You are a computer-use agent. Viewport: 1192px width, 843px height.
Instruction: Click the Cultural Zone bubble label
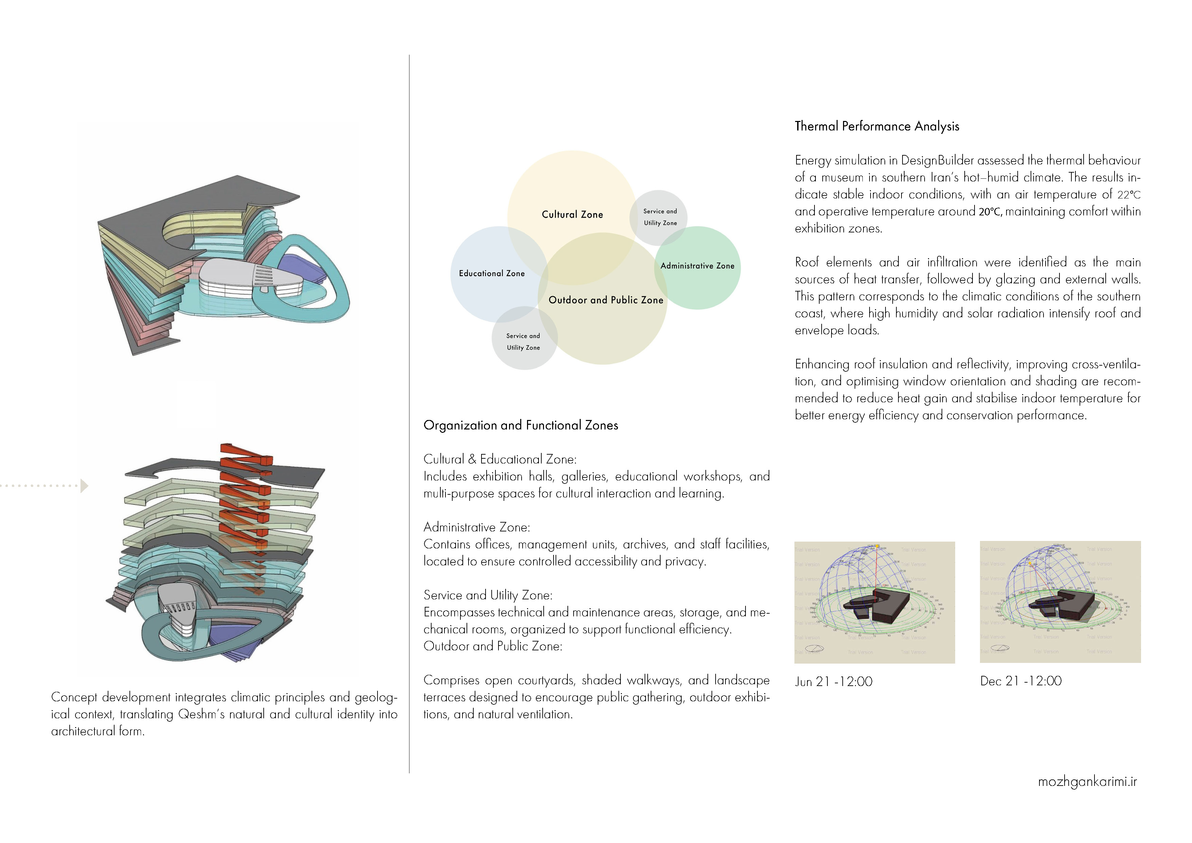click(572, 214)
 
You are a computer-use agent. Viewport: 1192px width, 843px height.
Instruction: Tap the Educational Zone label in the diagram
click(492, 274)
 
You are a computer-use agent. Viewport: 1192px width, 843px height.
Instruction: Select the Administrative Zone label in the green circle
click(697, 266)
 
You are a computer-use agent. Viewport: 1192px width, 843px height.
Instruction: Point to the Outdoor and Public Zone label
click(606, 300)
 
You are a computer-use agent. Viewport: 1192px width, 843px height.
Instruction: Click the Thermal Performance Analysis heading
click(877, 126)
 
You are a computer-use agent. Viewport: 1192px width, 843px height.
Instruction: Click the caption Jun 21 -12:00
click(833, 682)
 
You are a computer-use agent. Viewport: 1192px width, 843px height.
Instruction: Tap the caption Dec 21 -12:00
click(1021, 681)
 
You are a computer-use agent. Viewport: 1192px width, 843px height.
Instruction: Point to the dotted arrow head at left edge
click(84, 486)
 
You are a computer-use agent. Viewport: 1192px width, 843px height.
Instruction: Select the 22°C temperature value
click(1129, 195)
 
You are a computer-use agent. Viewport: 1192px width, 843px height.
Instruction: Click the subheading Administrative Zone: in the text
click(477, 527)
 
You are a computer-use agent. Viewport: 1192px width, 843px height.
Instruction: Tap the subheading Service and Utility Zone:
click(488, 595)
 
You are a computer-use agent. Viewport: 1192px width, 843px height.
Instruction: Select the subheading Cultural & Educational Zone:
click(500, 459)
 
